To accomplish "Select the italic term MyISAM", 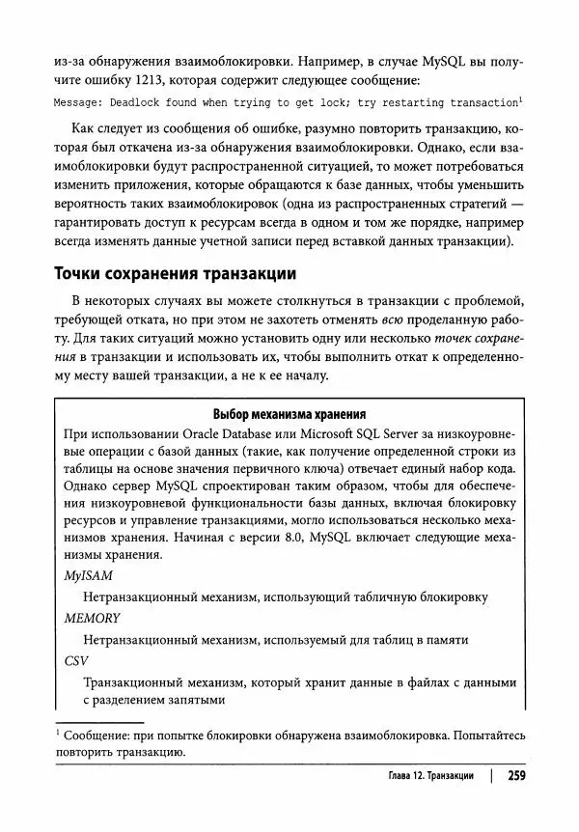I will (88, 576).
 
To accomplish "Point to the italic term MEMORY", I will (92, 619).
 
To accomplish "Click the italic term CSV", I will (75, 661).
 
